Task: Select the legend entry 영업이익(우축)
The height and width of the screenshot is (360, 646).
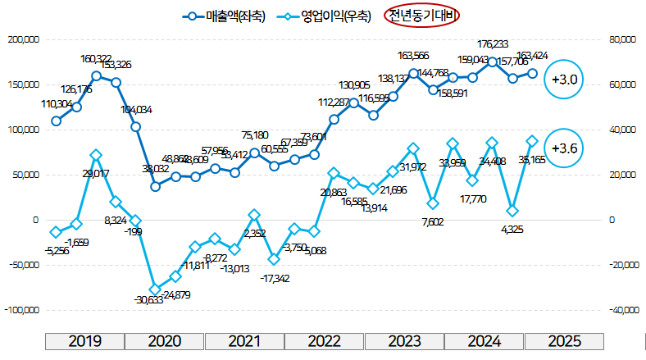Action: (x=325, y=15)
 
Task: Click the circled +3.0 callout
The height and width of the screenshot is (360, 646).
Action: (x=566, y=80)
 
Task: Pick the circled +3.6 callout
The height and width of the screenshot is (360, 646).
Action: (x=566, y=148)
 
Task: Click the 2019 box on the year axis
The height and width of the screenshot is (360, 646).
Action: (x=84, y=341)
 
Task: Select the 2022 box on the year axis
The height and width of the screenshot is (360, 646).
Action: (x=325, y=341)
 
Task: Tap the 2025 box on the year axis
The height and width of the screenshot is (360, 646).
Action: (x=564, y=341)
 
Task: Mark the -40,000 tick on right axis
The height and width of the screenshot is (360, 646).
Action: (x=624, y=311)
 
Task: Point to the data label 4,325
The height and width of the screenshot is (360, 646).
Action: (x=513, y=229)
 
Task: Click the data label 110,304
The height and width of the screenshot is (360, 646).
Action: (x=57, y=104)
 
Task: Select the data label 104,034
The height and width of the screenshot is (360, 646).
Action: (x=136, y=109)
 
